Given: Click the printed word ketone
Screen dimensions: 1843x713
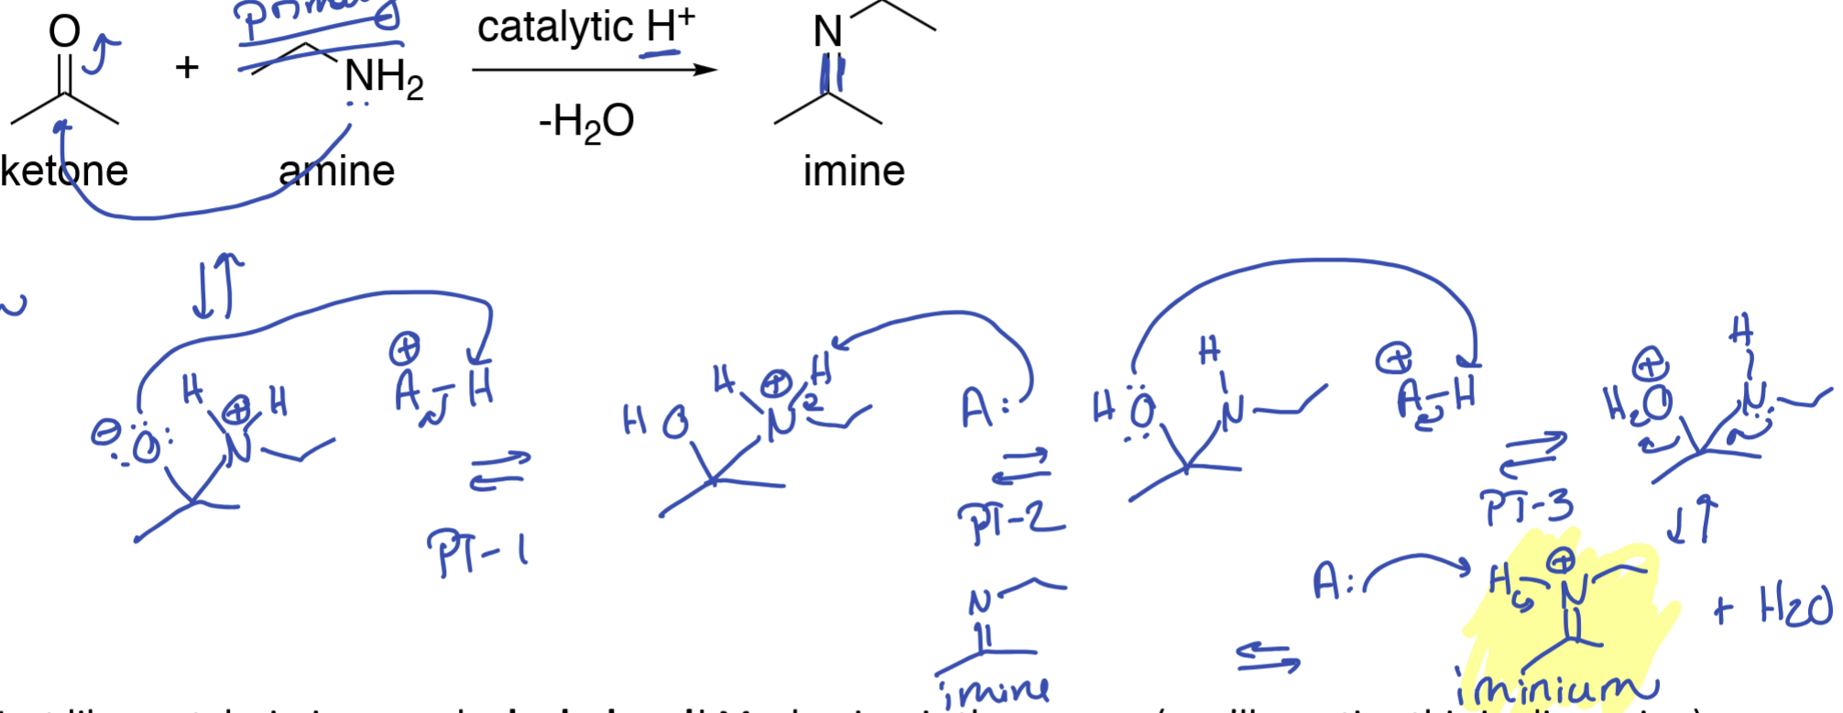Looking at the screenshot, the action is tap(64, 170).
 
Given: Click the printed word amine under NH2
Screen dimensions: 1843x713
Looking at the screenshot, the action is tap(337, 170).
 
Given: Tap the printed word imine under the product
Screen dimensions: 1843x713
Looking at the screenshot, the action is tap(854, 170).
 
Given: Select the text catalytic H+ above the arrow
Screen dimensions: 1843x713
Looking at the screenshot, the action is tap(586, 27).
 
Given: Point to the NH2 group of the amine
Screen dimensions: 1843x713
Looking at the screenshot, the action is tap(383, 77).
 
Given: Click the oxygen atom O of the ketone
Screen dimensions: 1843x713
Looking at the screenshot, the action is tap(64, 31).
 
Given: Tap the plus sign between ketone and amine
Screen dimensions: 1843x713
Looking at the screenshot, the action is tap(187, 67).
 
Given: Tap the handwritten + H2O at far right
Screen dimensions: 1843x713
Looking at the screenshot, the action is tap(1773, 607).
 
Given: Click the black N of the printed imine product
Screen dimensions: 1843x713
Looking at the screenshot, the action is tap(828, 33).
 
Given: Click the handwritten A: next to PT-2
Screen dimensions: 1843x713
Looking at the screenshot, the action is tap(984, 408).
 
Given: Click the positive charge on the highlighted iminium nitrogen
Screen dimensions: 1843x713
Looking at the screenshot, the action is tap(1562, 559).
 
